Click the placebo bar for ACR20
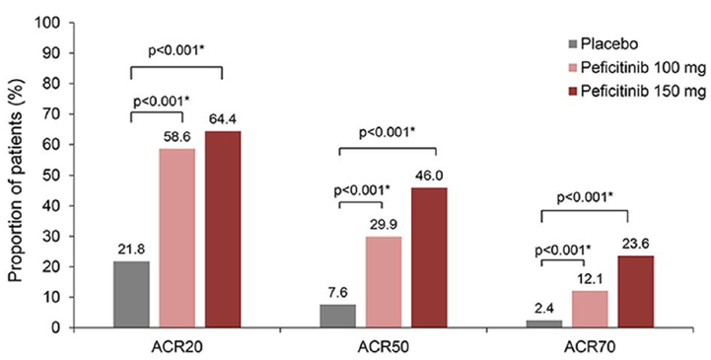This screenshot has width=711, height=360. tap(132, 294)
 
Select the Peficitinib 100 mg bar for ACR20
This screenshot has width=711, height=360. tap(178, 238)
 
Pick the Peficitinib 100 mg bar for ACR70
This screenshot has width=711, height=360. tap(590, 309)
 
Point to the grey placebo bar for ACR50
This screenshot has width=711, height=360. tap(338, 316)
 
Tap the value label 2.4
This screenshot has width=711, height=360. tap(544, 309)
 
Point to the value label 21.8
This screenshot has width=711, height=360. tap(132, 251)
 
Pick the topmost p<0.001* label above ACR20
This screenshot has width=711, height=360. tap(177, 55)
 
